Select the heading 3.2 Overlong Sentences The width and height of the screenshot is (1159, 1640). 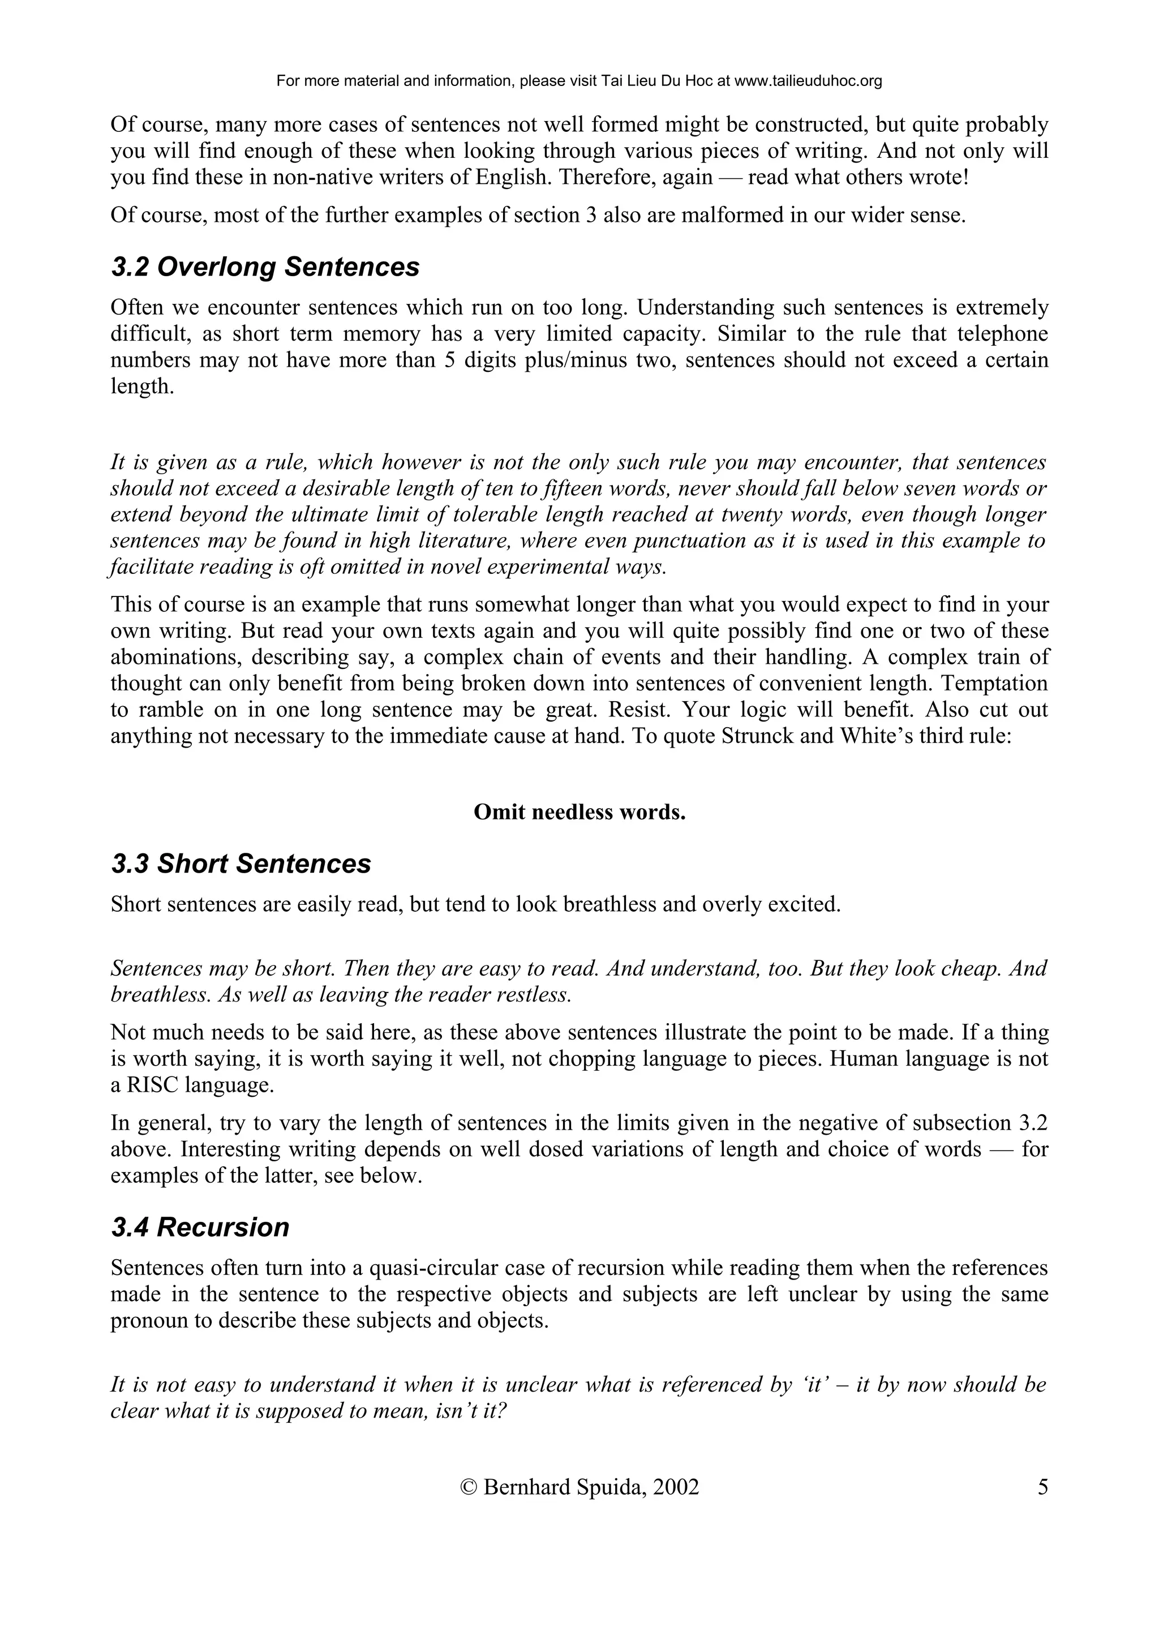tap(265, 267)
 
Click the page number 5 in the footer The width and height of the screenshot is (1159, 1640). tap(1042, 1488)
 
